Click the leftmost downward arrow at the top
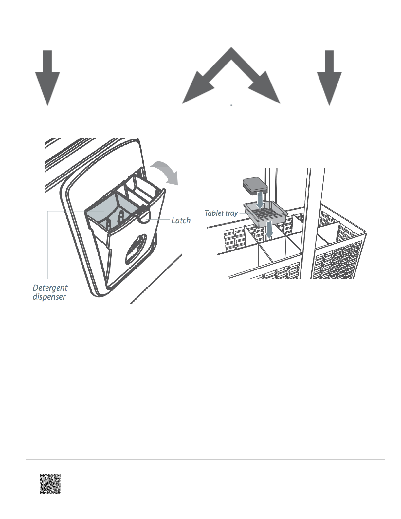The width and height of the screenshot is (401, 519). pos(47,78)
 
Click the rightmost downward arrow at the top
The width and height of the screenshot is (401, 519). pos(329,78)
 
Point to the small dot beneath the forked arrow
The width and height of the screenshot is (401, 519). pos(231,105)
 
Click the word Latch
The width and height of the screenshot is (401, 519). pos(181,220)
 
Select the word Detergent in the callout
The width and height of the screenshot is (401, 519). pos(50,288)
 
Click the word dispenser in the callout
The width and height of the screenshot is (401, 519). pos(49,297)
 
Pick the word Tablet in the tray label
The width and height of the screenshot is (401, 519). pos(214,213)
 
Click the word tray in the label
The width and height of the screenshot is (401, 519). pos(231,213)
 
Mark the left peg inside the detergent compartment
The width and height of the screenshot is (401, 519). pos(109,225)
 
